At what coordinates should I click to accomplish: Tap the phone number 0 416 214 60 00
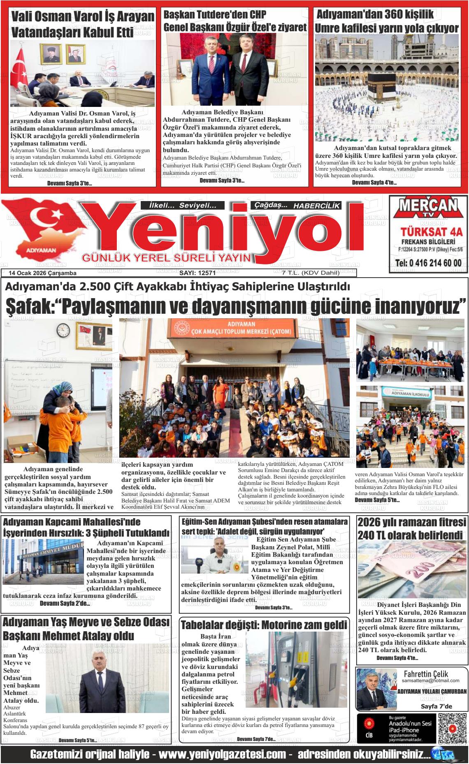(428, 263)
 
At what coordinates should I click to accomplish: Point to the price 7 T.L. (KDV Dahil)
(305, 273)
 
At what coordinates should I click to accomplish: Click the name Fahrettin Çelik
(426, 674)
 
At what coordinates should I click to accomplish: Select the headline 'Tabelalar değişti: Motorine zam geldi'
(264, 625)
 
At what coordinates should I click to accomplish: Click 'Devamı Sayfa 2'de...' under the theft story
(65, 604)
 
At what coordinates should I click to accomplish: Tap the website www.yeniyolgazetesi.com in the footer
(222, 755)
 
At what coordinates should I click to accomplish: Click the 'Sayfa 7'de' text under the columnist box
(436, 706)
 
